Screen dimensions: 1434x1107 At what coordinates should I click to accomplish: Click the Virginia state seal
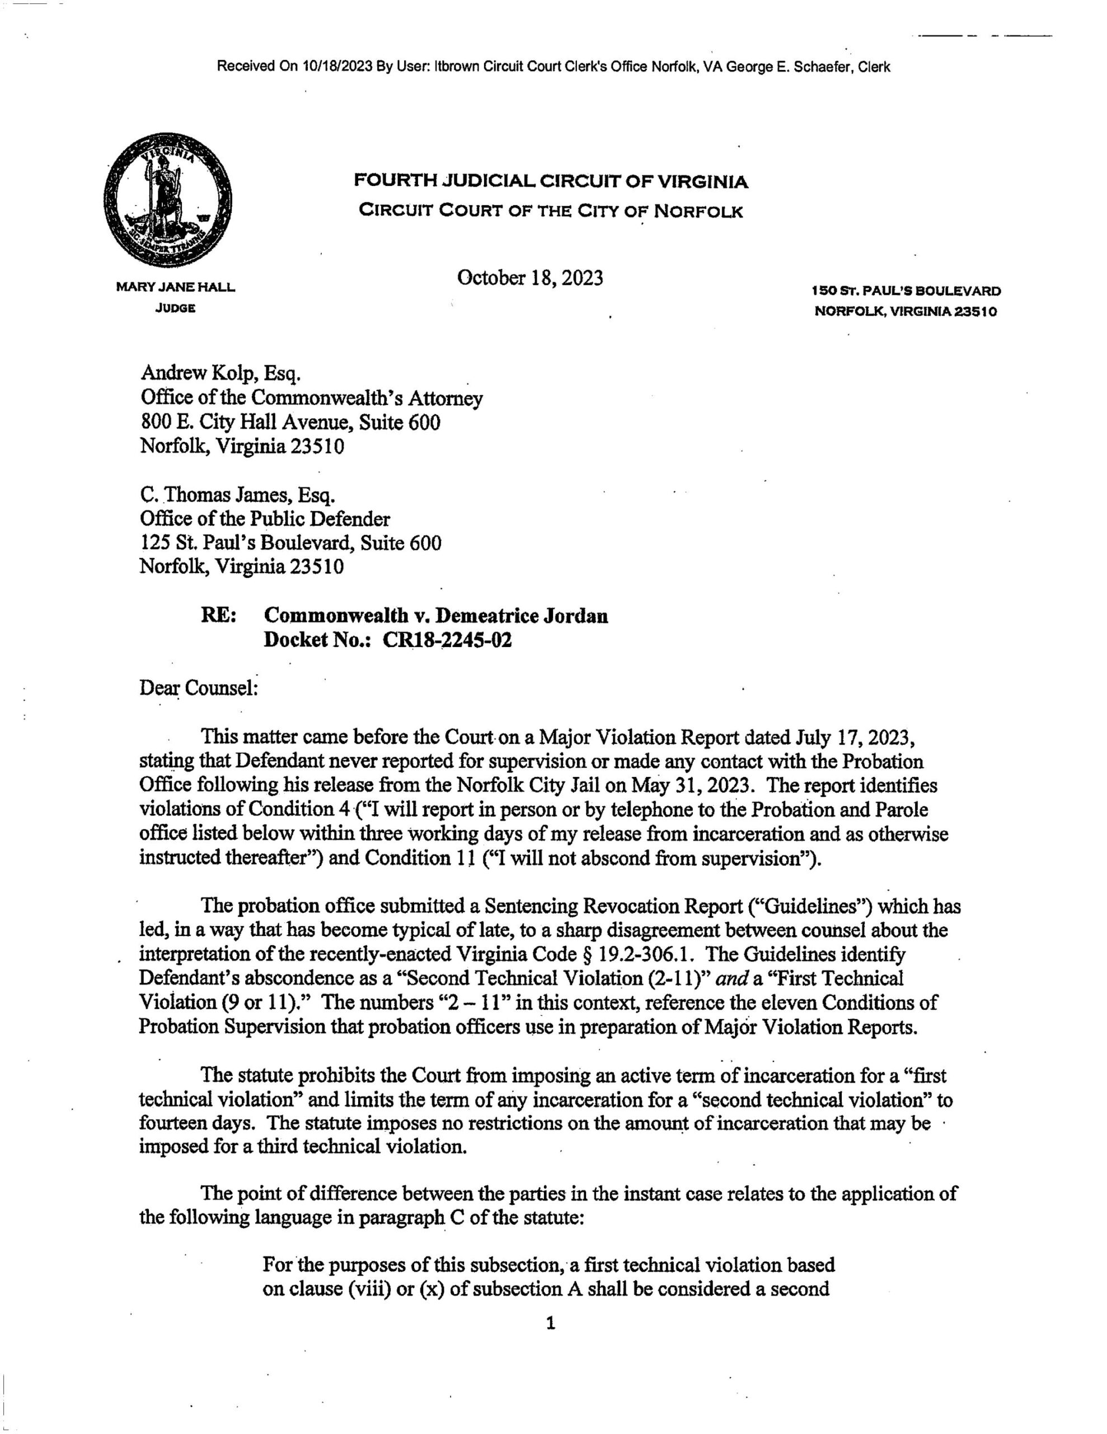coord(167,202)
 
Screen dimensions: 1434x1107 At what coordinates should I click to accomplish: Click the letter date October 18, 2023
coord(529,278)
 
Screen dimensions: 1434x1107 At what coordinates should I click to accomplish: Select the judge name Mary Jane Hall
coord(175,287)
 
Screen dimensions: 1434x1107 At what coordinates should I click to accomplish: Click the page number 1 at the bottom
coord(551,1324)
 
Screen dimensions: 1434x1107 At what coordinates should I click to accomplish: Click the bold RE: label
coord(219,616)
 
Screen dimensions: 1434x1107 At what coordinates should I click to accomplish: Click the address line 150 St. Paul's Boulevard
coord(906,290)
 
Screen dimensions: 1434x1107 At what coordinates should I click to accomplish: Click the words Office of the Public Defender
coord(265,519)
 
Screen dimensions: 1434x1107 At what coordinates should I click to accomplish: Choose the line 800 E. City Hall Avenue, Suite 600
coord(289,422)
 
